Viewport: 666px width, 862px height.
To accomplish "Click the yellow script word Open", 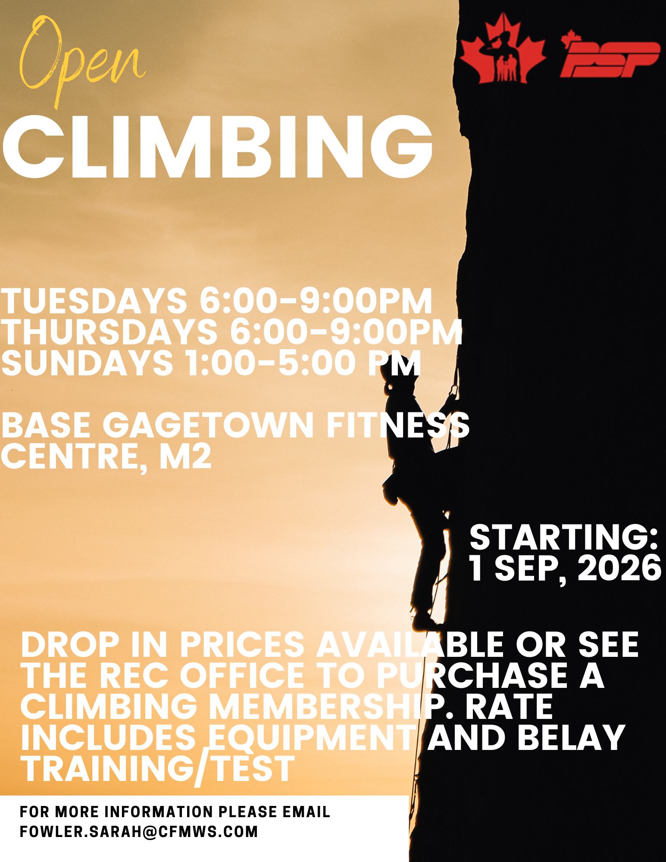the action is pos(82,60).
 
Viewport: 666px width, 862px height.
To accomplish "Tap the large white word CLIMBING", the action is pos(218,147).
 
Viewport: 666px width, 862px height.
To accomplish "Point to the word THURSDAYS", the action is pos(109,332).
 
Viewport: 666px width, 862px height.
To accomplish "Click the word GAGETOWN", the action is pos(208,426).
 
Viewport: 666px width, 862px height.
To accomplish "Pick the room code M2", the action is pos(186,456).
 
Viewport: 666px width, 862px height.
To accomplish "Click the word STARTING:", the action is pos(564,537).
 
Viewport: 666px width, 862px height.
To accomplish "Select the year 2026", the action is pos(619,568).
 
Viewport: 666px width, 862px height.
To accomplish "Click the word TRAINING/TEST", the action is pos(158,770).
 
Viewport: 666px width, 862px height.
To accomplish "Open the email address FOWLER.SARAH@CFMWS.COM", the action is pos(139,831).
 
